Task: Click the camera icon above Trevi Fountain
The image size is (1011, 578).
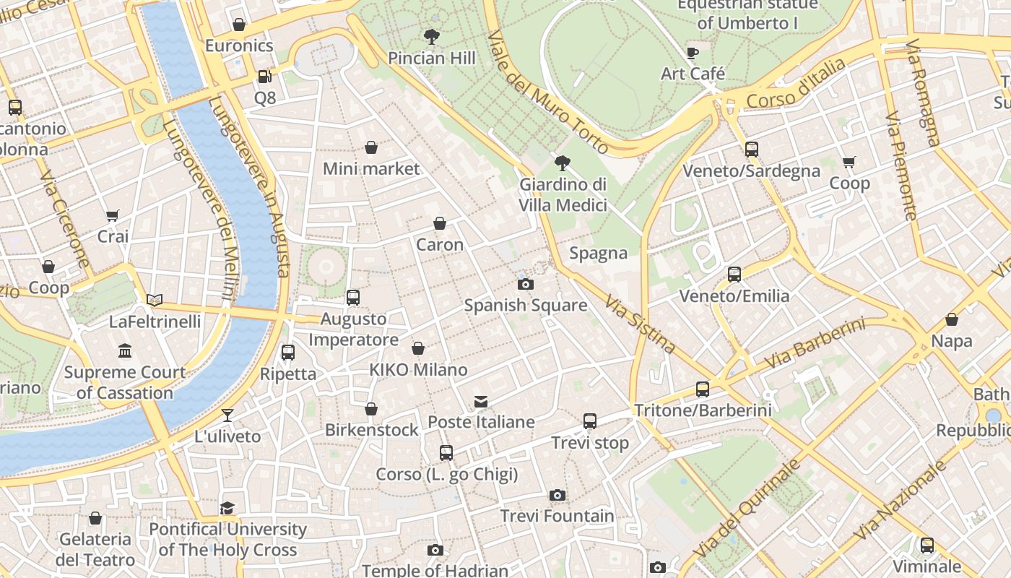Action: (x=557, y=495)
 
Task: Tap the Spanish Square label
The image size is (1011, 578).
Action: (x=525, y=305)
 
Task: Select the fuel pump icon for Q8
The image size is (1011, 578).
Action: (x=265, y=76)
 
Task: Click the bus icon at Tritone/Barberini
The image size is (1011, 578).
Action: (x=703, y=389)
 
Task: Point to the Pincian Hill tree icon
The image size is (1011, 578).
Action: (x=432, y=36)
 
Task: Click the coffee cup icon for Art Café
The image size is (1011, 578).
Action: (x=693, y=53)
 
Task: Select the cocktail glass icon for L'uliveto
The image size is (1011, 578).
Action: (x=227, y=415)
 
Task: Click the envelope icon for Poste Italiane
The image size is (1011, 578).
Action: (x=481, y=401)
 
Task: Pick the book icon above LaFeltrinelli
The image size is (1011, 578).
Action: (x=155, y=300)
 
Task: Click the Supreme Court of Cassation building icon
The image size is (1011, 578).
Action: (x=125, y=351)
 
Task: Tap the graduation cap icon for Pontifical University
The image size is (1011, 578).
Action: (x=227, y=507)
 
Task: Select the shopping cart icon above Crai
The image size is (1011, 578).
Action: (x=113, y=215)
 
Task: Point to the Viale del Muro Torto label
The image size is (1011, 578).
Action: (x=548, y=92)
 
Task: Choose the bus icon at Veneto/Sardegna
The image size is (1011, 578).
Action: (x=752, y=150)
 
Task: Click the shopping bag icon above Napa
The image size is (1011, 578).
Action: (x=952, y=319)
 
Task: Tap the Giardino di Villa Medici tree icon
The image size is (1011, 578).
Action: (x=563, y=163)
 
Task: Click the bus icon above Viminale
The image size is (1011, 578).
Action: (x=927, y=545)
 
